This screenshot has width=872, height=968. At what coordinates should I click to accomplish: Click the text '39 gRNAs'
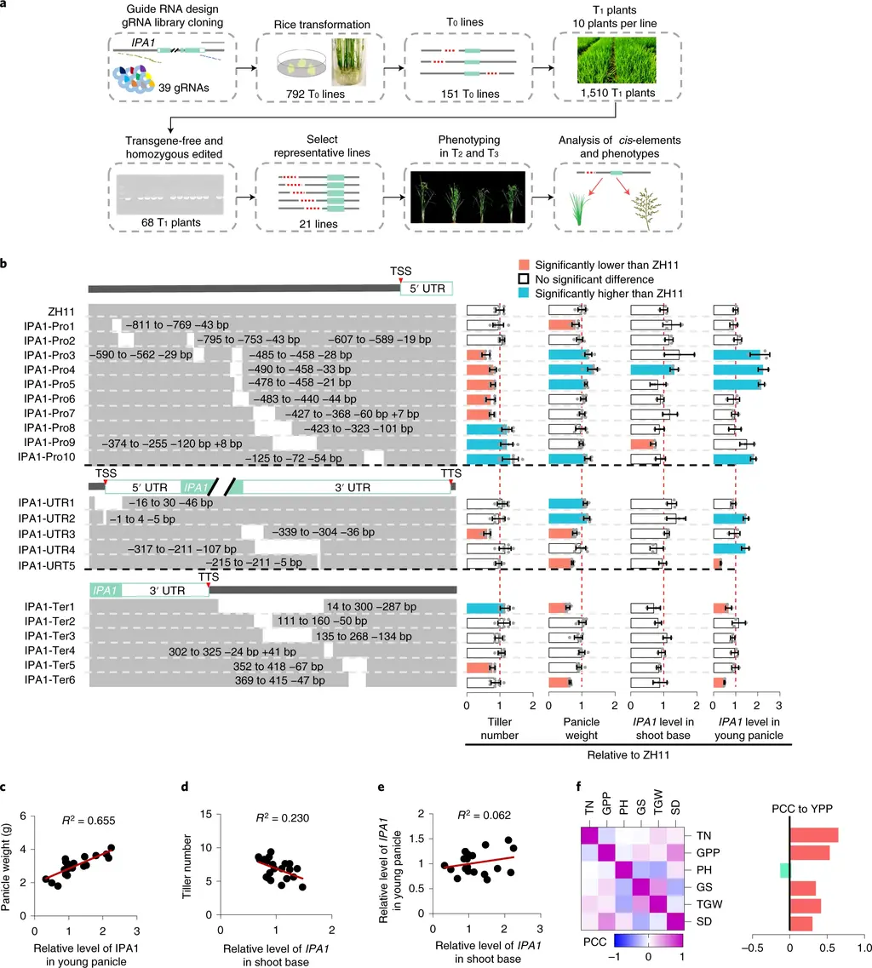183,88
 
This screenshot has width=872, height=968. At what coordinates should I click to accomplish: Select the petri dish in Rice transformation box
302,64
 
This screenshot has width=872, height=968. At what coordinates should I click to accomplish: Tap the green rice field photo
617,60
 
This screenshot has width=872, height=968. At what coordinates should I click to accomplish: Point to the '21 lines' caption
318,224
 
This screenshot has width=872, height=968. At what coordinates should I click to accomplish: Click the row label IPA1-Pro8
49,428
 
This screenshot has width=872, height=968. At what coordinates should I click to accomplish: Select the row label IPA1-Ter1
49,607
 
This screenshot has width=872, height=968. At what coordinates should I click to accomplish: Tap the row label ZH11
61,312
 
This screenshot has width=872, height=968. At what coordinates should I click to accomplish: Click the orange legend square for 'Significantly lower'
524,265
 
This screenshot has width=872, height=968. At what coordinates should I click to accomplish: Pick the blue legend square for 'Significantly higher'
524,293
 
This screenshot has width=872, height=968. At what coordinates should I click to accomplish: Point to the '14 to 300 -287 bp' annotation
371,607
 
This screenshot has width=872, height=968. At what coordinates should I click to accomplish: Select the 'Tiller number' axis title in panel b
500,729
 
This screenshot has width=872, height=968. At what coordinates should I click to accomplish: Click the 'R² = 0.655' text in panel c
89,821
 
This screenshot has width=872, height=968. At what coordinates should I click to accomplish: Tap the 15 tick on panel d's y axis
205,814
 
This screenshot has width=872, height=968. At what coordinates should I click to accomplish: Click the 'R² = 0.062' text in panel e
485,815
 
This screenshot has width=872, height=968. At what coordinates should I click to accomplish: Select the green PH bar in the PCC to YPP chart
785,870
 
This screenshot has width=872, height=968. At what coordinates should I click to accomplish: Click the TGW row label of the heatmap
709,904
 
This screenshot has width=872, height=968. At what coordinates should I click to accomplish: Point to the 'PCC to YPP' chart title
802,809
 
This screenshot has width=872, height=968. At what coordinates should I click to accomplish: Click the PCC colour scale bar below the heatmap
648,940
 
